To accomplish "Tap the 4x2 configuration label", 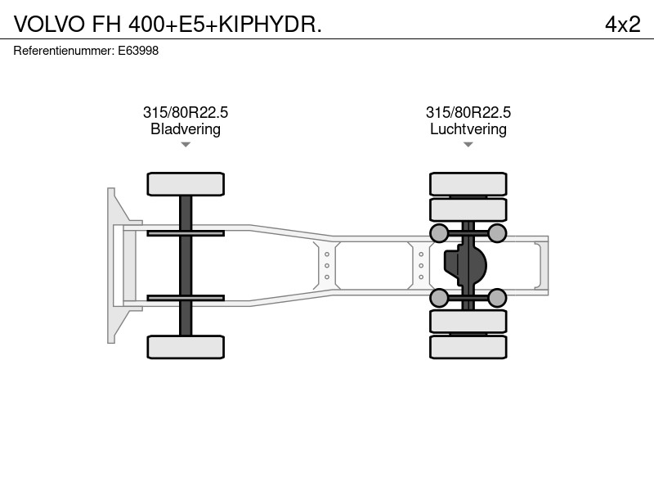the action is (x=623, y=25).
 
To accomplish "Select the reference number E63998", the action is (x=138, y=51).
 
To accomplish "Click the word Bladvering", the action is (x=186, y=129).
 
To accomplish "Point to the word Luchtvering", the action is (x=468, y=129).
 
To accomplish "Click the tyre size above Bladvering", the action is (x=186, y=112).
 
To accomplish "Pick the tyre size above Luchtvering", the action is (x=468, y=112).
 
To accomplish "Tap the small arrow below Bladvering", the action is (x=186, y=145).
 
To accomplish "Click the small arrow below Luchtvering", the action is (x=468, y=145).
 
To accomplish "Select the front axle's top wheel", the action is (x=186, y=184).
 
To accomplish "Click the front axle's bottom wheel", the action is (x=186, y=347).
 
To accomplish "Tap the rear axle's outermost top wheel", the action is (x=468, y=184).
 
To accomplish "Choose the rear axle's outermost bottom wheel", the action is (x=468, y=347).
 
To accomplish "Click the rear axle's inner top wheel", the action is (x=468, y=209).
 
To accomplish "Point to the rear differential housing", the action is (x=464, y=265).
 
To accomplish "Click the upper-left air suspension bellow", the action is (x=439, y=233).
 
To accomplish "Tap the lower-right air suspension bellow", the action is (x=497, y=298).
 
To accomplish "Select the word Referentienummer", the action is (x=64, y=51).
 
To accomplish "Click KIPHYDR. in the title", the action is (x=271, y=25).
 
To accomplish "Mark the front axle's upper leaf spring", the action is (x=186, y=233).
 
